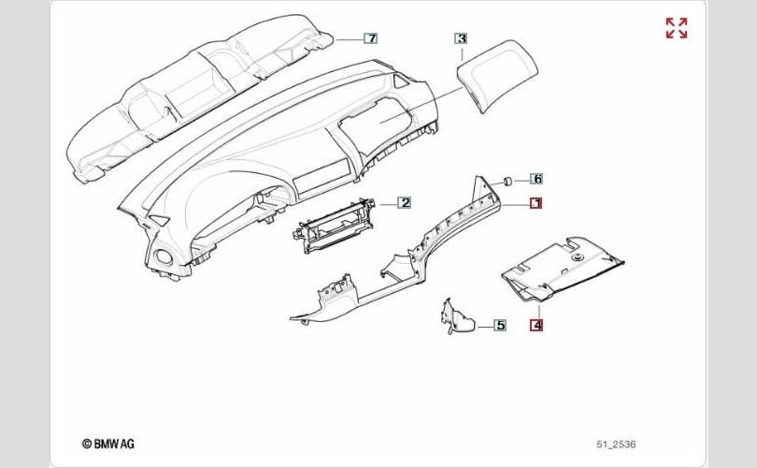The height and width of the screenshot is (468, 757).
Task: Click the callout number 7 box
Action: coord(370,38)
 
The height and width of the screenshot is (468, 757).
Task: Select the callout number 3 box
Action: coord(461,38)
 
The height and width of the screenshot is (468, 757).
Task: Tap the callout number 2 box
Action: coord(405,202)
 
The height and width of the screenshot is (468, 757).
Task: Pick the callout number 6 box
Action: coord(536,178)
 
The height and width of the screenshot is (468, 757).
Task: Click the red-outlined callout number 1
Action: coord(536,203)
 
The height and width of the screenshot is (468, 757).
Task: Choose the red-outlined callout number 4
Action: coord(536,325)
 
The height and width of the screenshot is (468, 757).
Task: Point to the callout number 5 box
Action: coord(500,325)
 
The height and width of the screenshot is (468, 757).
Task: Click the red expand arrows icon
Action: coord(677,28)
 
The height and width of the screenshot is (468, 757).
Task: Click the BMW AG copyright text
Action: coord(110,444)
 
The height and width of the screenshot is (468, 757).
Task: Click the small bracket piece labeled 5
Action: coord(455,318)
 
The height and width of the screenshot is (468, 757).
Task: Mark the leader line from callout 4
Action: coord(536,309)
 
